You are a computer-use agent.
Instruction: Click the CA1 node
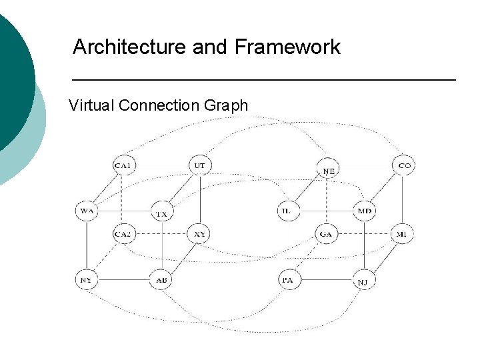coord(123,165)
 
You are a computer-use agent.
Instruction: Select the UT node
coord(199,165)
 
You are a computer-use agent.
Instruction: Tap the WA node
coord(87,211)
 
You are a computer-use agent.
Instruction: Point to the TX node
coord(161,213)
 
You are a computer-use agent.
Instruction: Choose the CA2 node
coord(123,234)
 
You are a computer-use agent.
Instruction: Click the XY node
coord(199,234)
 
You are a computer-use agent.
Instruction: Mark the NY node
coord(87,280)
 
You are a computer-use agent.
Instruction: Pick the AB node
coord(161,280)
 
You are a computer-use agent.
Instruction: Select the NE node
coord(329,171)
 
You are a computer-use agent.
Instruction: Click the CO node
coord(404,165)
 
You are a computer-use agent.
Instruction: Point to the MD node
coord(365,211)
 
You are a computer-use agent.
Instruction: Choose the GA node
coord(326,234)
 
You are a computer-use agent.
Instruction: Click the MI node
coord(403,234)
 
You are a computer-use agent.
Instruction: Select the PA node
coord(287,280)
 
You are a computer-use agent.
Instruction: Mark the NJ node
coord(363,282)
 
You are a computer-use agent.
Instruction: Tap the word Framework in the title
coord(287,47)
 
